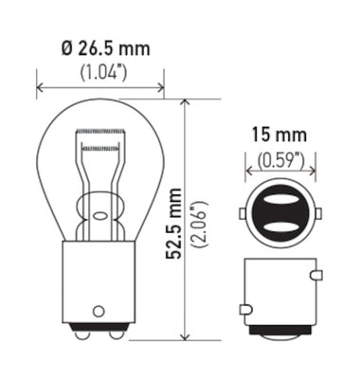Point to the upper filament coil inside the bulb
coord(99,148)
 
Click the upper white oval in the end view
coord(279,192)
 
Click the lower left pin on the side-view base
coord(245,309)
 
